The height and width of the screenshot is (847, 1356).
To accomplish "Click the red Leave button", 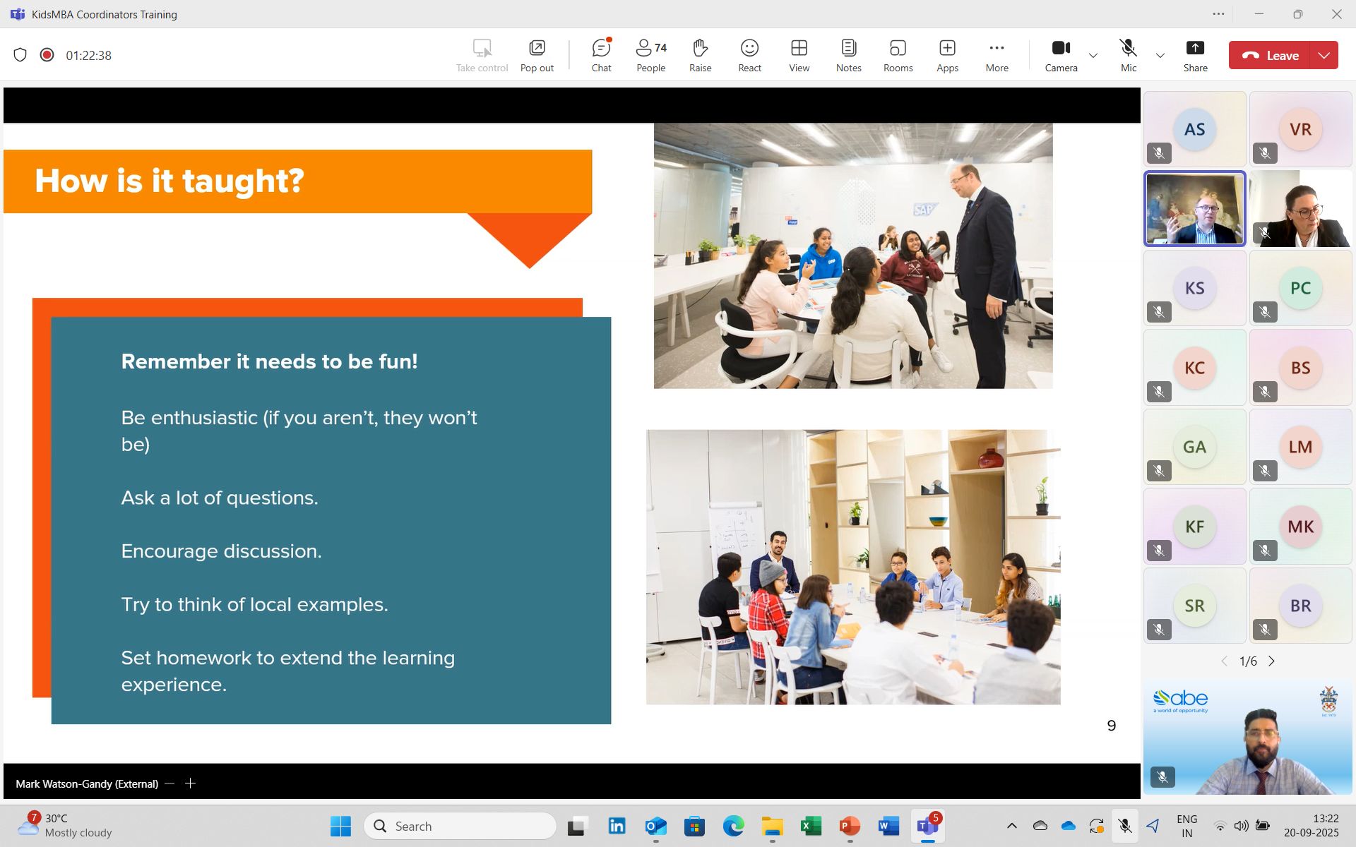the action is [x=1269, y=55].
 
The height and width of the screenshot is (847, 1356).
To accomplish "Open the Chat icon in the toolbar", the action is [x=601, y=55].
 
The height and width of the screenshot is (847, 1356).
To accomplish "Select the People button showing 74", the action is [x=650, y=55].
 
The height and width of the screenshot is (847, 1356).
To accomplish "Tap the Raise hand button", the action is [x=700, y=55].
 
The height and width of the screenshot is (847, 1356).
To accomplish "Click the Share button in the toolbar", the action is [x=1195, y=55].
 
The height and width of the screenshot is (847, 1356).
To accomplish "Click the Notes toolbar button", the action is [x=848, y=55].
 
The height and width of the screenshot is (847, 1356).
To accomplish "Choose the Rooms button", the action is [x=898, y=55].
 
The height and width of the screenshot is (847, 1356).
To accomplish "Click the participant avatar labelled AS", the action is [x=1194, y=129].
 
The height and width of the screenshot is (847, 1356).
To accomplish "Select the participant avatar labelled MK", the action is [x=1300, y=527].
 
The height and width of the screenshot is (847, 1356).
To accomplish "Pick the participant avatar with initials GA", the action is [x=1194, y=447].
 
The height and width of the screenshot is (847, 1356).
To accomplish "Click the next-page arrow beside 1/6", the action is [x=1272, y=661].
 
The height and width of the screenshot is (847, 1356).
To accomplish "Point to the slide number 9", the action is [x=1112, y=726].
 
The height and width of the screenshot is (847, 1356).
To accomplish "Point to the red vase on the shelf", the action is [x=991, y=458].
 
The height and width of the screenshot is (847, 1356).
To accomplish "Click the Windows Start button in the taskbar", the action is [x=340, y=826].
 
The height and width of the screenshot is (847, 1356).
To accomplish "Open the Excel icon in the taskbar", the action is [x=811, y=826].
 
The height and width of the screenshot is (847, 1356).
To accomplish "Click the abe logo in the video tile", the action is [x=1181, y=699].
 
